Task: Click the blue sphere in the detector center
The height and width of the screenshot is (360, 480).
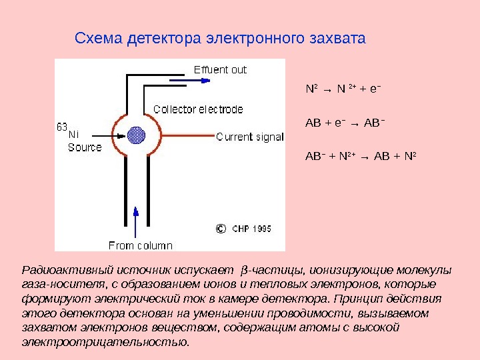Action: point(137,135)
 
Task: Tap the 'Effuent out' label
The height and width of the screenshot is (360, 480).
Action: point(220,69)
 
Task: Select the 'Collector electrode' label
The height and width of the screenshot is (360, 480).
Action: point(198,109)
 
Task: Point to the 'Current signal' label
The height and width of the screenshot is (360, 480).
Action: point(250,137)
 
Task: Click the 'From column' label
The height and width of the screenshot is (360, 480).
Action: point(140,245)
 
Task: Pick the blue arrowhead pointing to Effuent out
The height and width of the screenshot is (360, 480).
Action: point(205,81)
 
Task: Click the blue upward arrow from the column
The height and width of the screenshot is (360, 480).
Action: point(136,220)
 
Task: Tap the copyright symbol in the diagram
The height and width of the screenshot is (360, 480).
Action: point(221,229)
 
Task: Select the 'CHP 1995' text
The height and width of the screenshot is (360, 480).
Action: point(251,229)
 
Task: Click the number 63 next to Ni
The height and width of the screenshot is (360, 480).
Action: point(62,126)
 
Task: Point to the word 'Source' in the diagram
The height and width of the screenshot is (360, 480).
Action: point(85,147)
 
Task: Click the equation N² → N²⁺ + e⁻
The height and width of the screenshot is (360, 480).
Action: point(343,88)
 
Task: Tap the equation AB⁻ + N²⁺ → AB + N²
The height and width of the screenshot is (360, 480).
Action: point(361,157)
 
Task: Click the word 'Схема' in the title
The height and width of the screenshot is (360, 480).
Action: point(96,38)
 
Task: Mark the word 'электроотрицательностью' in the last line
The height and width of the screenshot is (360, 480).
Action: point(105,342)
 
